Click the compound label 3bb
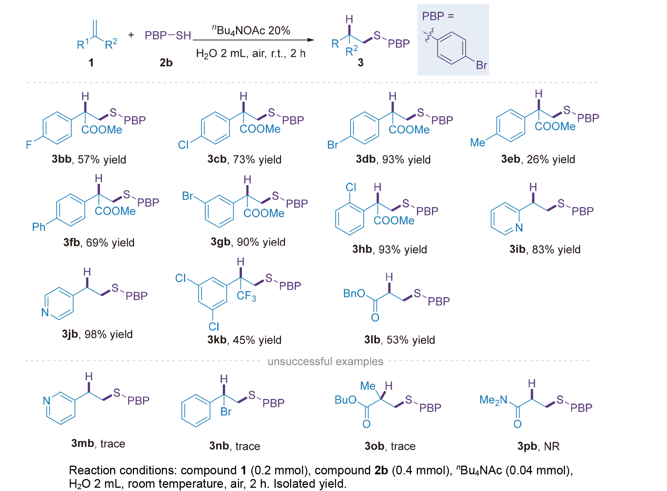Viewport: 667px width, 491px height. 62,159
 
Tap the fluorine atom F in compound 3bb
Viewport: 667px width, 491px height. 29,145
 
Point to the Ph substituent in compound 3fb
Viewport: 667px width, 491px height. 39,227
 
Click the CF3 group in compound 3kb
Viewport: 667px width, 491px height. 246,296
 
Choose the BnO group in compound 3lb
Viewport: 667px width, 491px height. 354,293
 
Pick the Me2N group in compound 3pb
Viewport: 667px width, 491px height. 493,400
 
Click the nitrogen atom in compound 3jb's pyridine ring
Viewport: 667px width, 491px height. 45,312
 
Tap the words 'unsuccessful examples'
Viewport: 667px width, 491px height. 325,361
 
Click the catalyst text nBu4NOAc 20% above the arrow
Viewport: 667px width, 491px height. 251,30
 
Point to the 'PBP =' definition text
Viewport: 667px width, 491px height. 438,16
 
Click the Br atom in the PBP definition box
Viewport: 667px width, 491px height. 481,65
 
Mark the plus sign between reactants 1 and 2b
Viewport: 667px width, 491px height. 131,35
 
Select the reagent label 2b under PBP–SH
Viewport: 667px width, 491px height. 166,63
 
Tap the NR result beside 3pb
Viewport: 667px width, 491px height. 551,446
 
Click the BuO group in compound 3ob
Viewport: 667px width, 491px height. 345,400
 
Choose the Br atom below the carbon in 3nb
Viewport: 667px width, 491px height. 226,412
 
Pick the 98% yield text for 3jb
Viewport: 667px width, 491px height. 109,334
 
